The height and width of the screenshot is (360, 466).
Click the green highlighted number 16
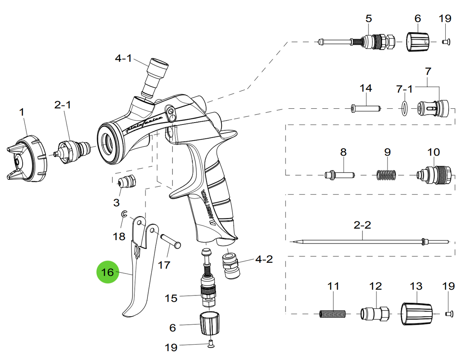(108, 272)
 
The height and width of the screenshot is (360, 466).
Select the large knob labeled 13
(416, 314)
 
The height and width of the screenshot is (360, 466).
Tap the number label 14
(366, 88)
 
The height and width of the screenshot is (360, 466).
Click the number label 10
(434, 152)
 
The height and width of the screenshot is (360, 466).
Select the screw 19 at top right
(447, 41)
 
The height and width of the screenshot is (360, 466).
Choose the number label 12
(375, 286)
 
